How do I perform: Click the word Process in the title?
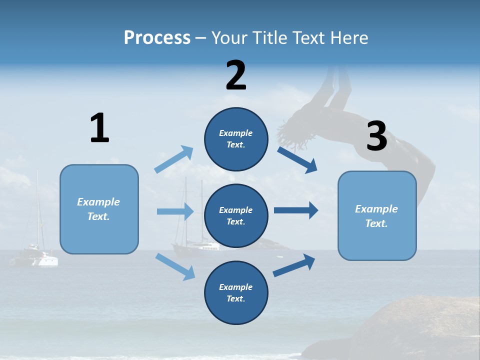click(157, 38)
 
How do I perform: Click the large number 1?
click(99, 128)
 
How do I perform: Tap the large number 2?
click(236, 75)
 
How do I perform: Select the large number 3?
click(377, 136)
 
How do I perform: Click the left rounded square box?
click(99, 209)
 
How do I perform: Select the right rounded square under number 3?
click(377, 216)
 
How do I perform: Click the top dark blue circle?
click(236, 139)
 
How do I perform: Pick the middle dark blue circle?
click(236, 215)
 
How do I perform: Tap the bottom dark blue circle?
click(236, 292)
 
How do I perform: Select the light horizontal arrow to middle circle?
click(175, 211)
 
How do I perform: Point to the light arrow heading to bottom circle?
click(175, 266)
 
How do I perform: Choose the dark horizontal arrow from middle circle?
click(296, 210)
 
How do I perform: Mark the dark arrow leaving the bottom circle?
click(294, 265)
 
